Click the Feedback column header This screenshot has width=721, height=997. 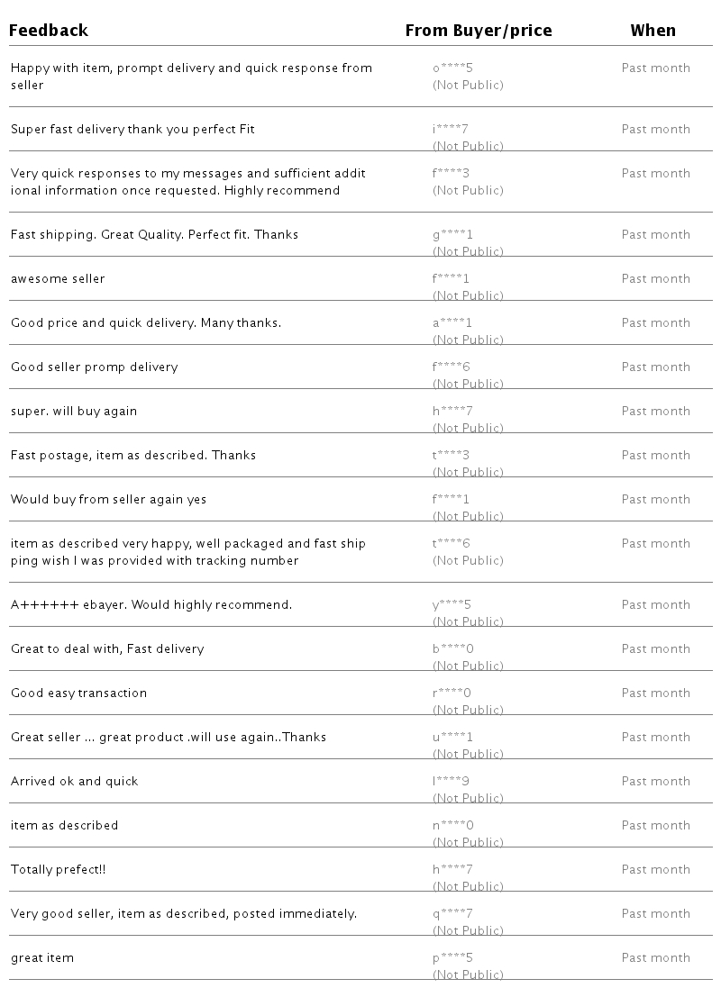point(49,31)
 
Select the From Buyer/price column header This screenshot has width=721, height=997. point(478,31)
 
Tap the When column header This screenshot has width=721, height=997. point(653,31)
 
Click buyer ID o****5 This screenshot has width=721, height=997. point(452,68)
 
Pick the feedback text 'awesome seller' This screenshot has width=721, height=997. point(58,279)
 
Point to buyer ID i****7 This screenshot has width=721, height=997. point(451,130)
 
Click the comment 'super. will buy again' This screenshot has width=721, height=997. point(74,412)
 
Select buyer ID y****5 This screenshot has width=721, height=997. point(452,605)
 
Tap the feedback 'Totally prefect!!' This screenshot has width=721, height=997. point(59,870)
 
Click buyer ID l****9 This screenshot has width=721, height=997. point(452,782)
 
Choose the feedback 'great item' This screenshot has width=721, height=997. point(42,958)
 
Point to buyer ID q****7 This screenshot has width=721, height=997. point(452,914)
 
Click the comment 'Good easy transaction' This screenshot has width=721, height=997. point(78,693)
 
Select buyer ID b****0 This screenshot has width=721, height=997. point(452,649)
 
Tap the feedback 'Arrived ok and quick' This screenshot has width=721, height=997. point(75,782)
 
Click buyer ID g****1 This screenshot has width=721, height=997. point(452,235)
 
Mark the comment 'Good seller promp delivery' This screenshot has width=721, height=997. point(95,367)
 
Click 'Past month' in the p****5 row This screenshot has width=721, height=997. point(655,958)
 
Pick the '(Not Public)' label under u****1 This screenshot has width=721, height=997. point(468,754)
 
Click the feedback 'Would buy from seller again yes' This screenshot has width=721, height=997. point(108,500)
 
